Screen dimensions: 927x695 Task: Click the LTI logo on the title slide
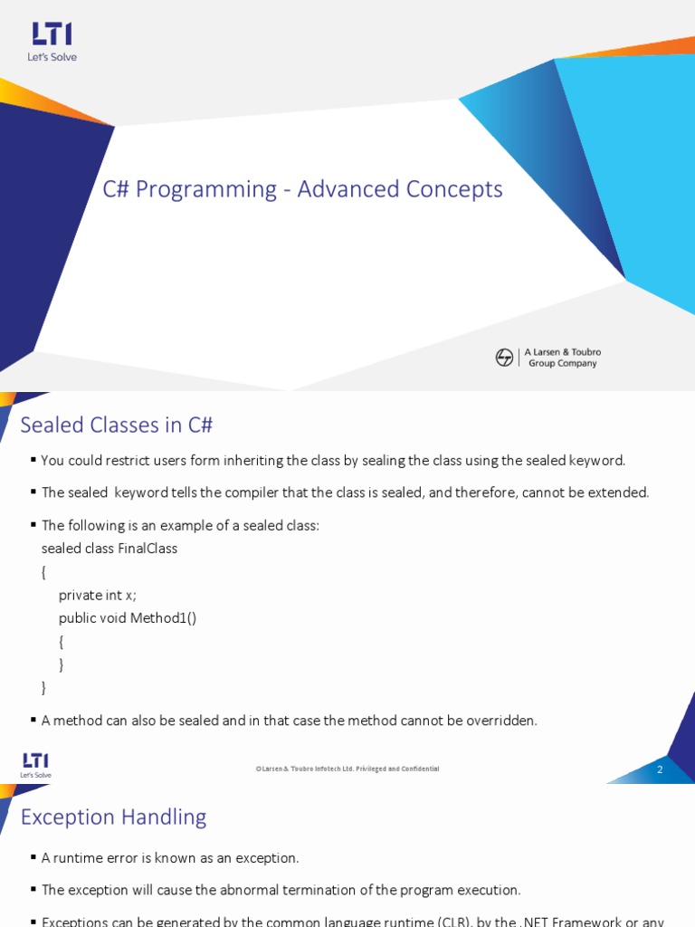(52, 34)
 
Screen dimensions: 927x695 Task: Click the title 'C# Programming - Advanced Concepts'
(302, 189)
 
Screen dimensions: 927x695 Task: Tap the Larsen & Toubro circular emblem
(504, 358)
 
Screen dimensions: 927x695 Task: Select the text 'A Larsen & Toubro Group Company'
(562, 358)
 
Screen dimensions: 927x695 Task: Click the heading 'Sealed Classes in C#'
(117, 425)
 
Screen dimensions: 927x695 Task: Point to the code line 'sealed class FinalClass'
(109, 549)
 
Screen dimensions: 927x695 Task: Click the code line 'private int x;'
(98, 595)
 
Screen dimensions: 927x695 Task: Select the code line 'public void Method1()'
(128, 618)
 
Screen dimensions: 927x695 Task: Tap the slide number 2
(660, 769)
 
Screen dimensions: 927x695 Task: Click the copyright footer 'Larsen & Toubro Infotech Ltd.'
(348, 769)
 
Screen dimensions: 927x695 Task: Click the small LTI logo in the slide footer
(35, 761)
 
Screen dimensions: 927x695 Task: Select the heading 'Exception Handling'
(113, 817)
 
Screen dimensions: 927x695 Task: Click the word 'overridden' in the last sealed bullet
(502, 721)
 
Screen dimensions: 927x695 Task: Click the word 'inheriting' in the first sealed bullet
(251, 460)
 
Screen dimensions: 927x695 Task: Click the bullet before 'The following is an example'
(33, 525)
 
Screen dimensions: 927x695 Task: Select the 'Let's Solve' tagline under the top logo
(52, 57)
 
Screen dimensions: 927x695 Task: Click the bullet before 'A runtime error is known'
(33, 857)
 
